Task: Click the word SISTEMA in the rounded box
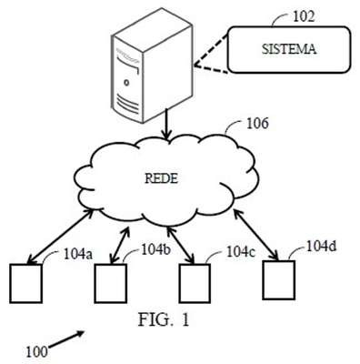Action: pos(289,49)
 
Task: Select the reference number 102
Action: pos(304,16)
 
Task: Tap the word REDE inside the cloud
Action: pos(161,178)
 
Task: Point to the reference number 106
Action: pos(257,124)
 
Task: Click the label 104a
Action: pos(78,255)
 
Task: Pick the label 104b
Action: pos(156,249)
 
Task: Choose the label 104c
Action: pos(241,251)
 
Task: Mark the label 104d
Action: pos(322,246)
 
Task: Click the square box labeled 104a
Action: pos(25,283)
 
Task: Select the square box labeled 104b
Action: pos(110,283)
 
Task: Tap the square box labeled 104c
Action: pos(195,283)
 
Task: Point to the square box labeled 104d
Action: pos(278,280)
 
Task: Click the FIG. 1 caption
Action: pos(164,319)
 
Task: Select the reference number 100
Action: pos(36,352)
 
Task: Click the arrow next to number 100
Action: pos(66,339)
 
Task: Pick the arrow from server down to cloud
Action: pos(166,124)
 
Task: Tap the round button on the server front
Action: pos(126,82)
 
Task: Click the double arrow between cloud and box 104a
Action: pos(60,236)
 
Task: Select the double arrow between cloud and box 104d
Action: pos(256,235)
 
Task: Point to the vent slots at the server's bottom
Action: pos(127,104)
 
